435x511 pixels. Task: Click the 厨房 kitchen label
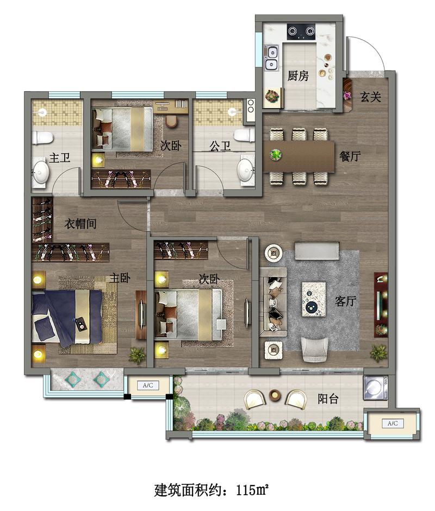(297, 76)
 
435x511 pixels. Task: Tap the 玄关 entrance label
(371, 97)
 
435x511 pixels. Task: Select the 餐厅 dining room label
(350, 156)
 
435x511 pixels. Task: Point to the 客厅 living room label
(345, 301)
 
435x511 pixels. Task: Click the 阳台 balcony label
(328, 399)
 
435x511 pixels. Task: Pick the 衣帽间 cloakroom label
(80, 224)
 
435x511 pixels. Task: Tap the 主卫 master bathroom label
(60, 157)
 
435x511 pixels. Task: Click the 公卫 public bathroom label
(220, 146)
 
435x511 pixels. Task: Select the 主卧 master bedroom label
(120, 278)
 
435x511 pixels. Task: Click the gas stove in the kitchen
(301, 31)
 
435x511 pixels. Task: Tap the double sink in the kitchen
(271, 58)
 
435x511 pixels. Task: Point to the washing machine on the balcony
(376, 388)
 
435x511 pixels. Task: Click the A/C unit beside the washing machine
(393, 424)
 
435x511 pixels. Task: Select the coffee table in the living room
(314, 299)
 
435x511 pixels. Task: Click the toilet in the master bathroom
(42, 137)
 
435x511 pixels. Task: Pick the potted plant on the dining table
(276, 154)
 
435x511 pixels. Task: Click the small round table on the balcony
(275, 395)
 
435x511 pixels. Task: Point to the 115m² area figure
(252, 489)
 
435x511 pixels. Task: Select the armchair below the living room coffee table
(315, 350)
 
